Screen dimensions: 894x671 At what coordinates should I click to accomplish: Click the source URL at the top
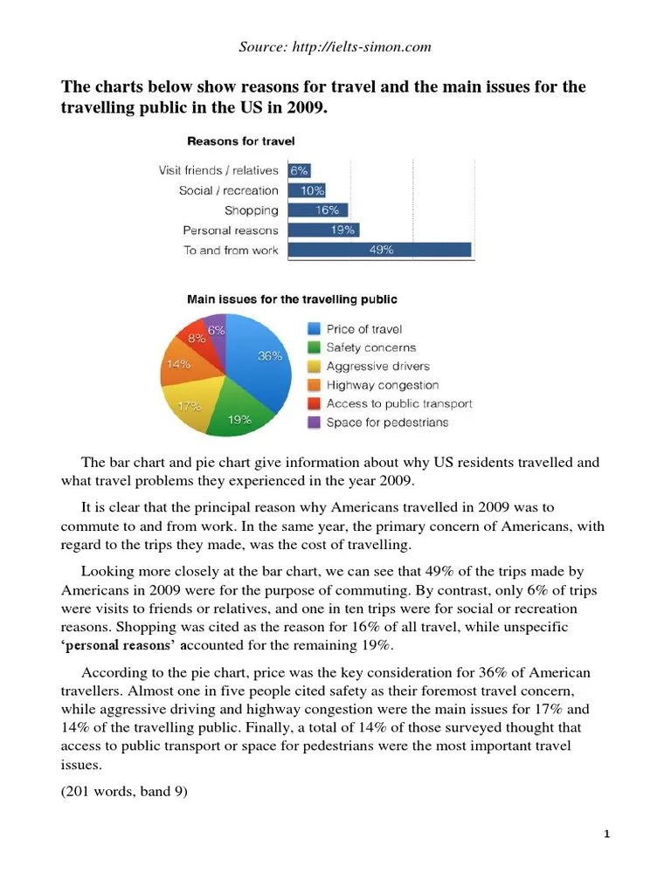coord(335,47)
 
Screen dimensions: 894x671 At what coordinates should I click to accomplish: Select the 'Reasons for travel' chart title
coord(241,141)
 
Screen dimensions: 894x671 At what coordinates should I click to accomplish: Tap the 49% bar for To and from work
coord(379,251)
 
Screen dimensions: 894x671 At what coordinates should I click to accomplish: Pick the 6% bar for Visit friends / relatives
coord(299,171)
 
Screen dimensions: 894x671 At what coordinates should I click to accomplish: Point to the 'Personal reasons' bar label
coord(231,230)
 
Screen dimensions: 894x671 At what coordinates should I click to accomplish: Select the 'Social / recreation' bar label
coord(229,190)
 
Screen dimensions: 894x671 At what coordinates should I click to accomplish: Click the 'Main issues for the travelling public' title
coord(292,299)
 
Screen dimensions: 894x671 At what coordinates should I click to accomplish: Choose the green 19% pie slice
coord(234,417)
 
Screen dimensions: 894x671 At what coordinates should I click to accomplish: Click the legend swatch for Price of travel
coord(314,329)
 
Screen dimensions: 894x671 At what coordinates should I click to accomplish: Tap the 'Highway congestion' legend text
coord(383,385)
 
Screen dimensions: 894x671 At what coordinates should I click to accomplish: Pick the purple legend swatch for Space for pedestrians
coord(314,423)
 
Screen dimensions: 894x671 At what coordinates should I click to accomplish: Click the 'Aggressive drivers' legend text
coord(378,367)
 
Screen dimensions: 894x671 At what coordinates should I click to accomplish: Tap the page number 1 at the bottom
coord(606,835)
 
